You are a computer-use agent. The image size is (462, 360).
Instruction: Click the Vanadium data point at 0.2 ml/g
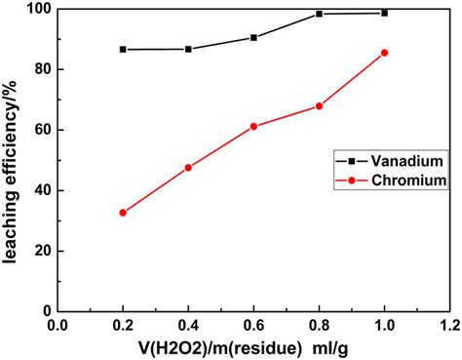click(123, 49)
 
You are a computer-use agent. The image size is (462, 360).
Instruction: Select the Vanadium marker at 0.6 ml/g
click(253, 37)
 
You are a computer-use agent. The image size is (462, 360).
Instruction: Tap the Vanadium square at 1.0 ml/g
click(384, 13)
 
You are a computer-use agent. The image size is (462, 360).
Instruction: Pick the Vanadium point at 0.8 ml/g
click(319, 14)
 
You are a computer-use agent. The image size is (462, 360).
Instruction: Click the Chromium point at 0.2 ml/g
click(123, 213)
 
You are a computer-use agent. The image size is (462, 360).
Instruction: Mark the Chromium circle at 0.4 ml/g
click(188, 168)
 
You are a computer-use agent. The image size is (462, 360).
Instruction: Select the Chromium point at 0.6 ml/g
click(253, 127)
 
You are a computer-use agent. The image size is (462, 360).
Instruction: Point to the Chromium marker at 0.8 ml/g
click(319, 106)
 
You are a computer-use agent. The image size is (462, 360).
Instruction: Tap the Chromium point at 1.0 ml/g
click(384, 53)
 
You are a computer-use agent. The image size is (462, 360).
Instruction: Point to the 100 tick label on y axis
click(36, 10)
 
